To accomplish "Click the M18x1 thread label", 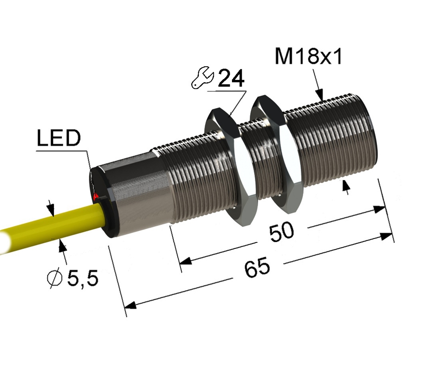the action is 309,56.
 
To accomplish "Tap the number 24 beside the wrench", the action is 231,78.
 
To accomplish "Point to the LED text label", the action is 59,138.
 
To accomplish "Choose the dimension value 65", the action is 257,267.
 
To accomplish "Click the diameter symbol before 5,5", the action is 54,279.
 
